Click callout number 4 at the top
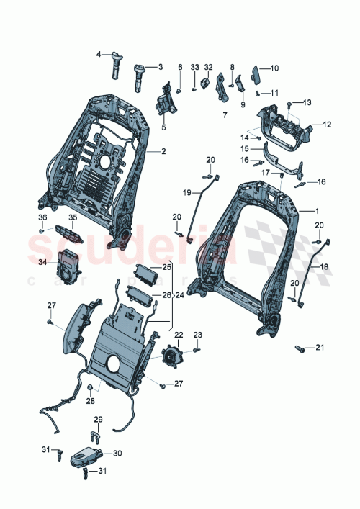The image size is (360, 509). [100, 53]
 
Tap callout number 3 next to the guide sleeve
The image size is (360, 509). [160, 66]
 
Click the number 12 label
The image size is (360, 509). [327, 125]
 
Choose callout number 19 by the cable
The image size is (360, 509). [186, 192]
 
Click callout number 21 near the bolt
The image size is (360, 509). [320, 348]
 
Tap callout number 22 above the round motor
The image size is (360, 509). [178, 334]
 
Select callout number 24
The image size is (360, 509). [179, 294]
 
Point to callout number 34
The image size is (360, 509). [42, 263]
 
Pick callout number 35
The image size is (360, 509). [72, 217]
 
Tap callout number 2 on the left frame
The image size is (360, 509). [163, 151]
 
